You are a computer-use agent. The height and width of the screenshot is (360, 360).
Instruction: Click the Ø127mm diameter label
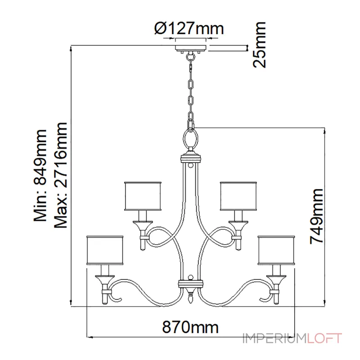189,28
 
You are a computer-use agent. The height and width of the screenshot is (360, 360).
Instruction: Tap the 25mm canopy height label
260,45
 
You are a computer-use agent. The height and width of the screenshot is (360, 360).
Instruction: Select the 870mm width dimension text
190,327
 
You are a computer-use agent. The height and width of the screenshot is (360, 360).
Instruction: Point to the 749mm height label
317,216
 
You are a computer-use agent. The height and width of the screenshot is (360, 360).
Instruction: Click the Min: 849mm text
40,175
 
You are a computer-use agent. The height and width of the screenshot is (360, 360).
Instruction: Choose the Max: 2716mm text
61,175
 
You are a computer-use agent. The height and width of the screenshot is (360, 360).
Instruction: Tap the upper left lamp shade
143,196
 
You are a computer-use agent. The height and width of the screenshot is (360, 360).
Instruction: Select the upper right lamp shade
238,196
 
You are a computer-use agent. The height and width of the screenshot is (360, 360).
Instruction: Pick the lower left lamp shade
105,250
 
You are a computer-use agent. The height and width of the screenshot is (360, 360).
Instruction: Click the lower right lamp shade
276,250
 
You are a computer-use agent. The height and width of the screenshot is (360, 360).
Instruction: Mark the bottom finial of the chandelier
190,297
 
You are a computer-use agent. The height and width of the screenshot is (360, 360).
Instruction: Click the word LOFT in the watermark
324,338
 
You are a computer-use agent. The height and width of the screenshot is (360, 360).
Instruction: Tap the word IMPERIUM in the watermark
275,338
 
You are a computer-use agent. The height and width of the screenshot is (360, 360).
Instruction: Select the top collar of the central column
190,158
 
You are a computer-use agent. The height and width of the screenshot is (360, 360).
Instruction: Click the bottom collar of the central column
190,283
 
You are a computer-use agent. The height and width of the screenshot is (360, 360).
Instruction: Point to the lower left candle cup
105,279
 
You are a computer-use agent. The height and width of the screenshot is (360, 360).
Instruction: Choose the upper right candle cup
238,225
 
